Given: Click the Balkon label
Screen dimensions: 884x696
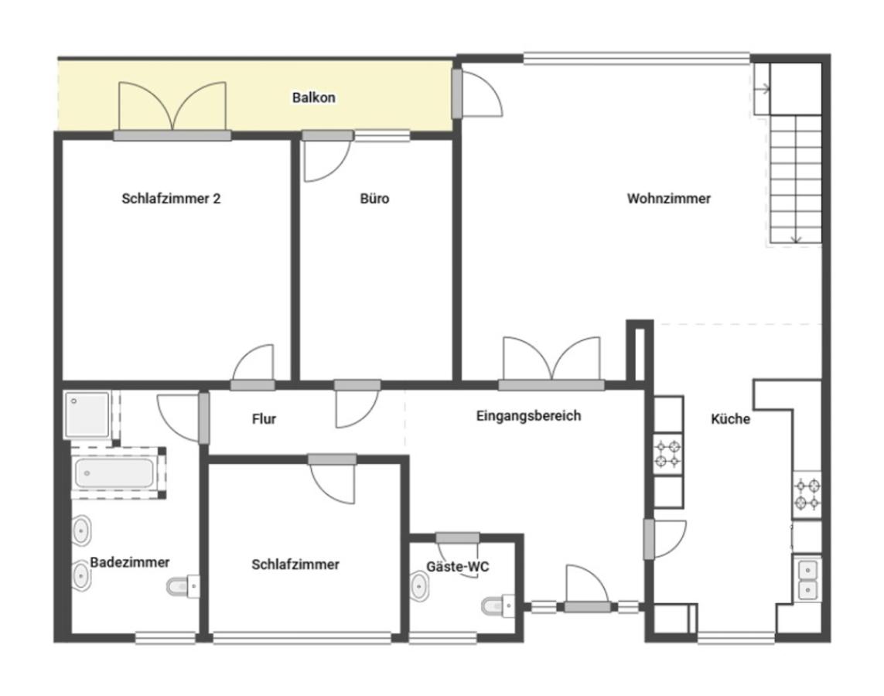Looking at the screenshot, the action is coord(313,97).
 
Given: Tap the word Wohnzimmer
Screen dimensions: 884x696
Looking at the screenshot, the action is coord(669,199).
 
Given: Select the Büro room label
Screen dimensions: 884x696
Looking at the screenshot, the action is coord(374,199).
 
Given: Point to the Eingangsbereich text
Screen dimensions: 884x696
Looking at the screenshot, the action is coord(528,416).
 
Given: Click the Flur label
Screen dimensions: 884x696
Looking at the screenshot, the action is coord(264,418).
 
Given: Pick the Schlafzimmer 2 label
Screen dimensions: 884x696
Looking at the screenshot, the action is coord(171,199).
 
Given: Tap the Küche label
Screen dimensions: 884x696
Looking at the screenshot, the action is coord(730,418).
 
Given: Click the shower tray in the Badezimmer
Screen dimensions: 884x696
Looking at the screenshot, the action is coord(87,415).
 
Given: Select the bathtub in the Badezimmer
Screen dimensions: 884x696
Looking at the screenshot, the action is coord(114,473).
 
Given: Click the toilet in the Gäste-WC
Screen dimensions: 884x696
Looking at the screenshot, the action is coord(498,606).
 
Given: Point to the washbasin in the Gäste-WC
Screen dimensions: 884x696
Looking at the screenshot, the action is coord(419,587).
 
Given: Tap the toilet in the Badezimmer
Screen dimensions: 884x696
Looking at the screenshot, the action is coord(183,587).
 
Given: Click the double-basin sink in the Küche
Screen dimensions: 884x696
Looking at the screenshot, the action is coord(807,579).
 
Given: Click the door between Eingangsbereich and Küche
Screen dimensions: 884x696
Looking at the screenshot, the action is coord(665,539).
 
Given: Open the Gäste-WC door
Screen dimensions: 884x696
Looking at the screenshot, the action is coord(457,537).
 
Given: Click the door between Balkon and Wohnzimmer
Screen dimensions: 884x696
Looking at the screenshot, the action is coord(477,93).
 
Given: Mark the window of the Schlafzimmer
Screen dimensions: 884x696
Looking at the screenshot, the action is coord(302,638).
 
